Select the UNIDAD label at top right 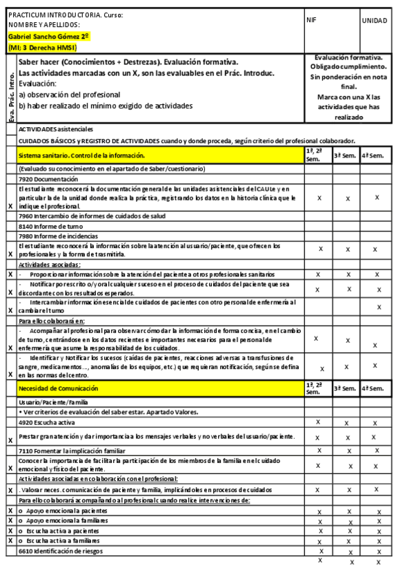[x=375, y=21]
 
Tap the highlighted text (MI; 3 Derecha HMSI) [x=42, y=48]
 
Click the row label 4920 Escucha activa [x=47, y=422]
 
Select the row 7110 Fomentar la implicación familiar [x=72, y=451]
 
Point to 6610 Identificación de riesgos [x=61, y=550]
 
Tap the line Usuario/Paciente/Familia [x=52, y=401]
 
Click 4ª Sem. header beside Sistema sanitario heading [x=375, y=155]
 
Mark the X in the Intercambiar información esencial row [x=378, y=307]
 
